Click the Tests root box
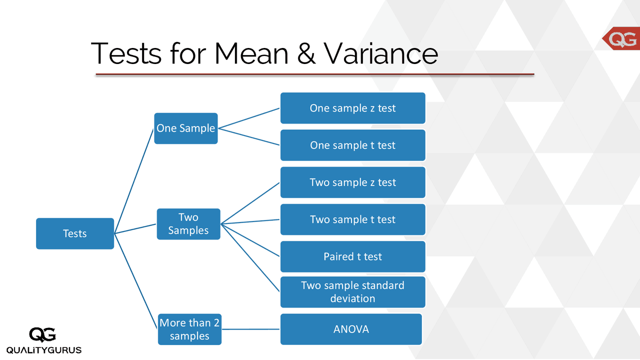click(x=75, y=233)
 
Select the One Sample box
click(x=185, y=128)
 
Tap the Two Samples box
click(x=188, y=224)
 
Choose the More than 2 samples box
click(x=189, y=329)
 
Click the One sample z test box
click(x=352, y=108)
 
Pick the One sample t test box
click(x=352, y=145)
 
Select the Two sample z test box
click(x=352, y=182)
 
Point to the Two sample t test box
click(x=352, y=219)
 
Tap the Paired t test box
click(x=352, y=256)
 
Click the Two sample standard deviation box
click(x=352, y=292)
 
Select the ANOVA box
click(x=351, y=329)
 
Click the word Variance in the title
click(x=380, y=53)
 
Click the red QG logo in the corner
click(x=621, y=39)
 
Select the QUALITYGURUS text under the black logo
click(x=44, y=350)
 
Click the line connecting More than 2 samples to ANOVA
click(x=250, y=329)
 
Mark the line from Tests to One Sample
click(x=134, y=180)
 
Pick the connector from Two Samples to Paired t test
click(x=250, y=240)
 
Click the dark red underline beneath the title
click(x=315, y=74)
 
